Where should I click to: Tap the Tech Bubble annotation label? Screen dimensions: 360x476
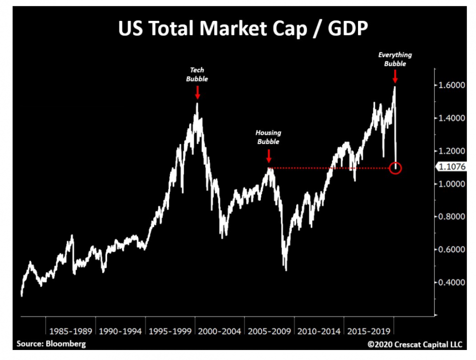tap(197, 74)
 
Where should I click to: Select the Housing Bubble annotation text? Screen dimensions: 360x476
tap(268, 137)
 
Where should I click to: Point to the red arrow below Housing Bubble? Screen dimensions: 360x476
tap(269, 156)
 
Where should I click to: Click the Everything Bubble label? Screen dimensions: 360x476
tap(395, 59)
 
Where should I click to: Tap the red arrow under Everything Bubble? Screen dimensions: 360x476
tap(395, 76)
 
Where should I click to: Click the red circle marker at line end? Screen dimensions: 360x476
tap(395, 168)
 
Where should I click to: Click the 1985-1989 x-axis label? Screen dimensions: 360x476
tap(70, 331)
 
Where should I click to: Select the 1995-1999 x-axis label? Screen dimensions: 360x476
tap(169, 331)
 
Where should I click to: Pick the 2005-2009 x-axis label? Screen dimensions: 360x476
tap(269, 331)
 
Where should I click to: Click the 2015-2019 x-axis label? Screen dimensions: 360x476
tap(368, 331)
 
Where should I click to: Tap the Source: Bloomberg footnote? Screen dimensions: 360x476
tap(51, 343)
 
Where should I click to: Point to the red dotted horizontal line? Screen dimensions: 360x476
tap(328, 168)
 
